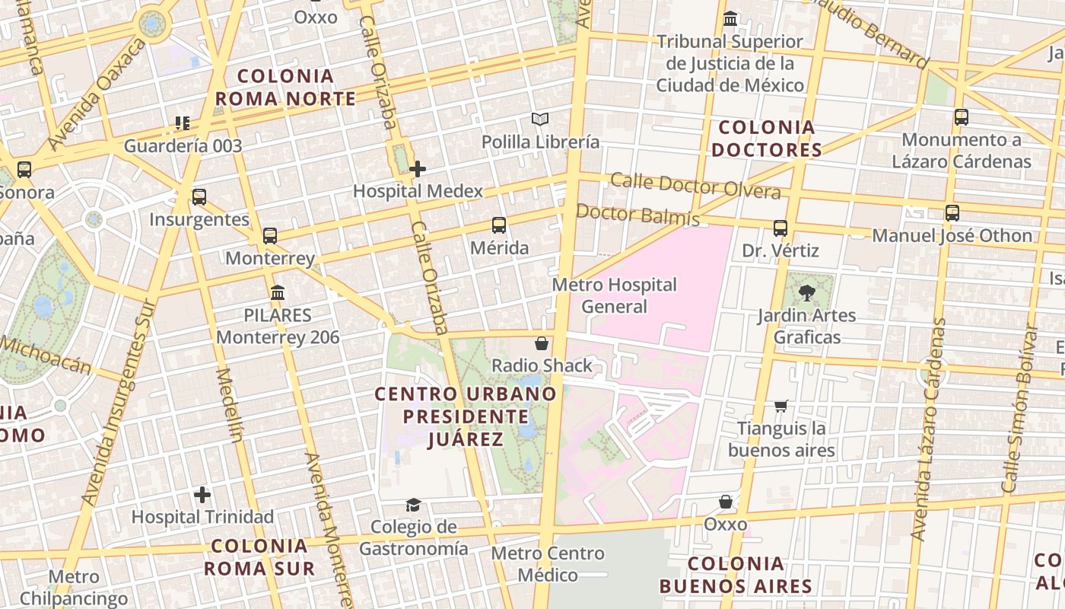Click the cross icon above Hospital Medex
point(417,168)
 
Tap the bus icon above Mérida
point(499,225)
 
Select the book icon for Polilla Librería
point(540,120)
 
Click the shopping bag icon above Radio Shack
point(542,343)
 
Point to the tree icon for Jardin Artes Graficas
point(807,292)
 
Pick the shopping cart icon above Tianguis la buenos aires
point(780,406)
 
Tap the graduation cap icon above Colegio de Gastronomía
point(413,505)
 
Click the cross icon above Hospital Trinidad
point(202,495)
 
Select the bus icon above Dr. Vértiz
point(780,228)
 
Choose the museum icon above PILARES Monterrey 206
point(278,292)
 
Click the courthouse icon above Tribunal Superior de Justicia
point(730,18)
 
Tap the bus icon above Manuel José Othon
point(952,213)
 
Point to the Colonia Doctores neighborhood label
point(767,139)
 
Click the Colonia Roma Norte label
point(285,87)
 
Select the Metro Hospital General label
point(614,295)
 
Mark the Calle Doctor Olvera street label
point(695,186)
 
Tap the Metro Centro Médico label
point(548,563)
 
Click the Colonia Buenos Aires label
point(736,575)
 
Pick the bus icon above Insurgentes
point(199,197)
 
